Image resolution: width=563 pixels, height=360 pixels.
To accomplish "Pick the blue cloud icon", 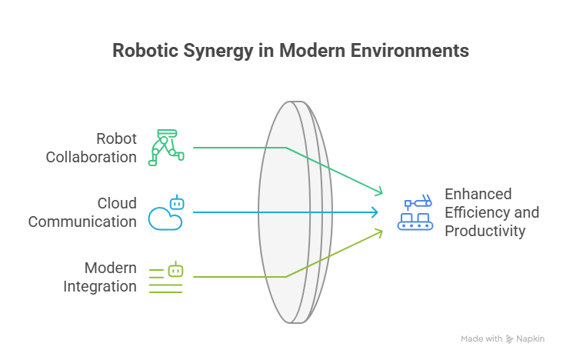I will (165, 218).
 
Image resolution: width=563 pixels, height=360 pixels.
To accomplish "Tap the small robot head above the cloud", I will (177, 204).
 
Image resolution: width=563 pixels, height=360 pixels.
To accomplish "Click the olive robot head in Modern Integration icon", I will (176, 271).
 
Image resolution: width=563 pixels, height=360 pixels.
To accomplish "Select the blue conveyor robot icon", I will (415, 214).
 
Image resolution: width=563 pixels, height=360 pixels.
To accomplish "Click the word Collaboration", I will (91, 157).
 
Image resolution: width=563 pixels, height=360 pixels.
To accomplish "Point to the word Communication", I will (82, 222).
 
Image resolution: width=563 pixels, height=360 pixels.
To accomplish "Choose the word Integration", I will (99, 286).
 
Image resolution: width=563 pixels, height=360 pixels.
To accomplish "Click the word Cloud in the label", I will (116, 203).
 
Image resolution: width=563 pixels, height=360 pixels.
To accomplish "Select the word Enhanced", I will (478, 194).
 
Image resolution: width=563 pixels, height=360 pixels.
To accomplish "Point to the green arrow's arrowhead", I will (378, 191).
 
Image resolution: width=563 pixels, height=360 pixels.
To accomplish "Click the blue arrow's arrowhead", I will (375, 212).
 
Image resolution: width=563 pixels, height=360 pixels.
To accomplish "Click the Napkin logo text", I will (531, 338).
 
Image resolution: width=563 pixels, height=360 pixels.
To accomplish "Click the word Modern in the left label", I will (111, 268).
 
